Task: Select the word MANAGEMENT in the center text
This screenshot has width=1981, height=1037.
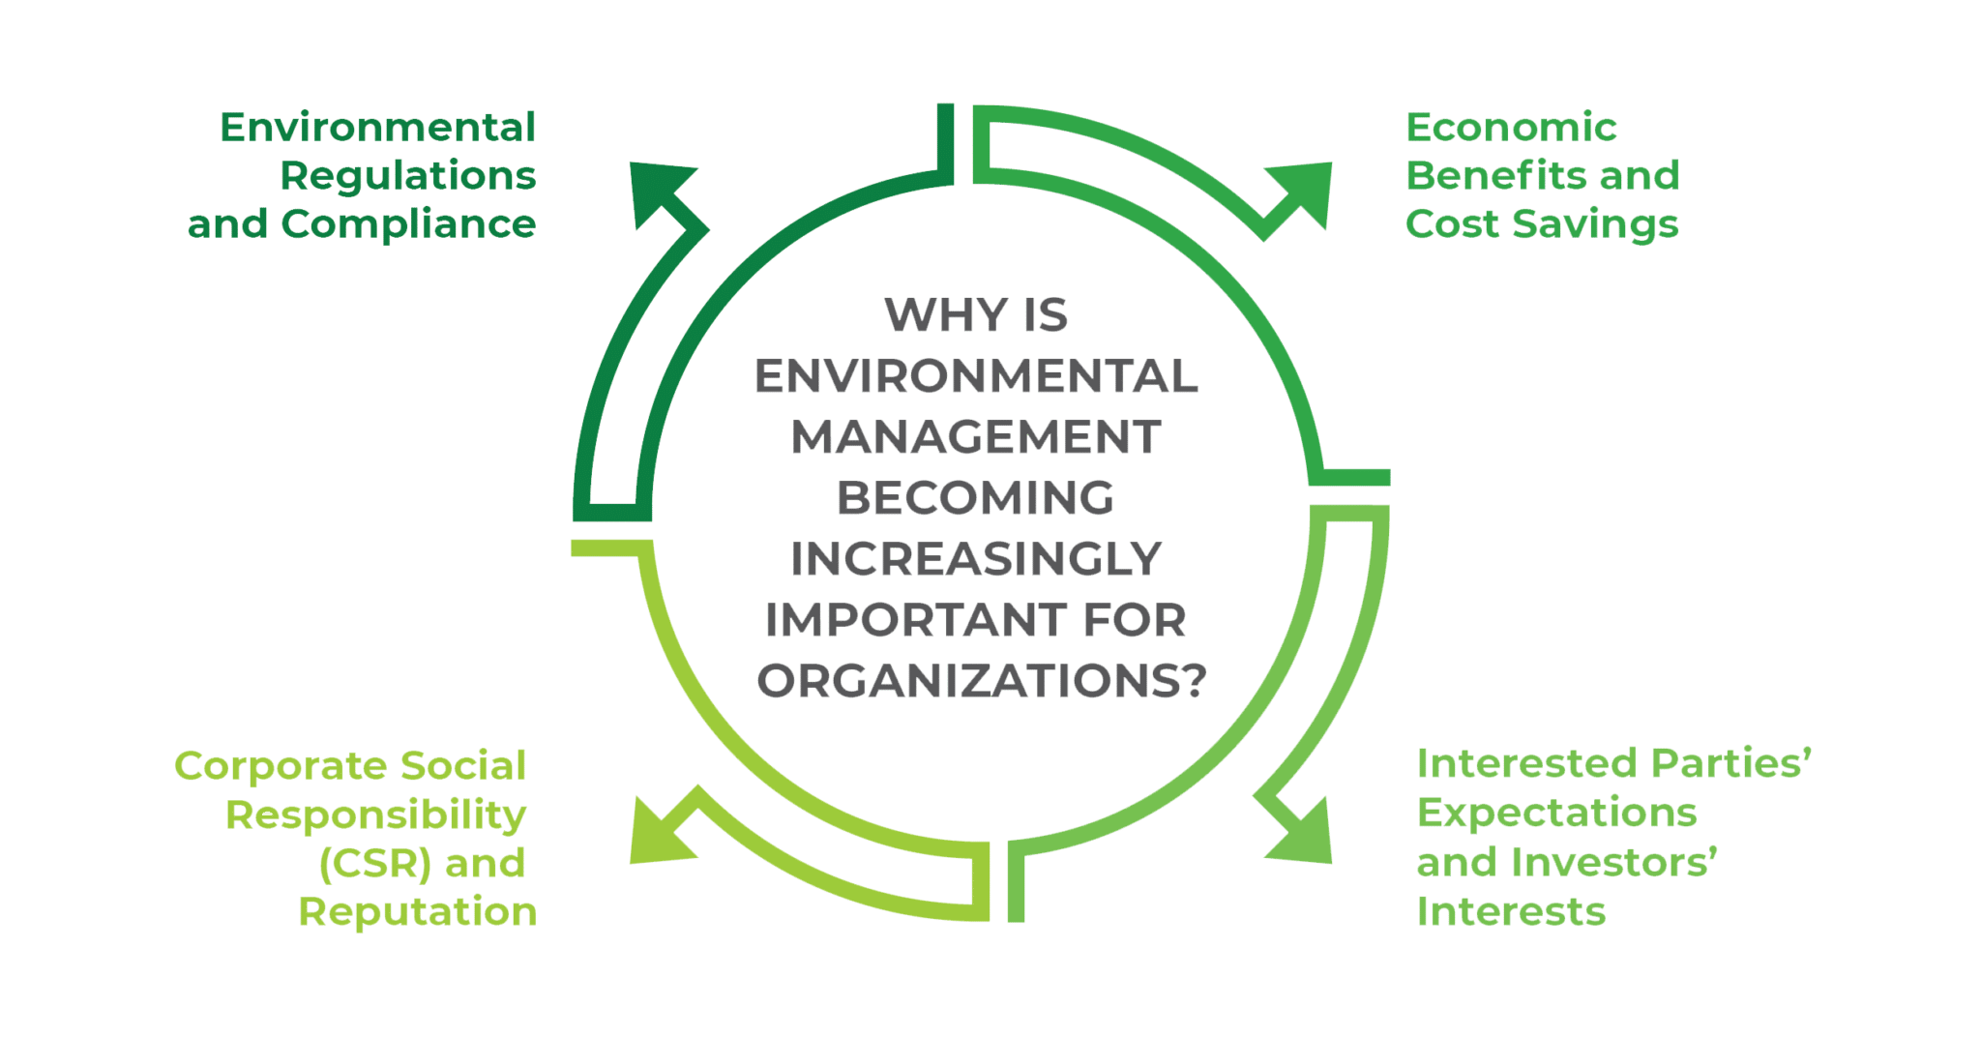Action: [976, 438]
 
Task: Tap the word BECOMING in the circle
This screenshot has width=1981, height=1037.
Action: [976, 498]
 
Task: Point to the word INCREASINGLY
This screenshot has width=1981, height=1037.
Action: [976, 559]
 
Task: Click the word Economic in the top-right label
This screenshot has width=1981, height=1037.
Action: [1512, 128]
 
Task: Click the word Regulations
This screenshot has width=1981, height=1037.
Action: [408, 176]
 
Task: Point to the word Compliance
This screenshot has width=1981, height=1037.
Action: [408, 224]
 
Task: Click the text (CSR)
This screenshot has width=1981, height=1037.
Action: [374, 863]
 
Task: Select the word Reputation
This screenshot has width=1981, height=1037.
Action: [417, 911]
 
